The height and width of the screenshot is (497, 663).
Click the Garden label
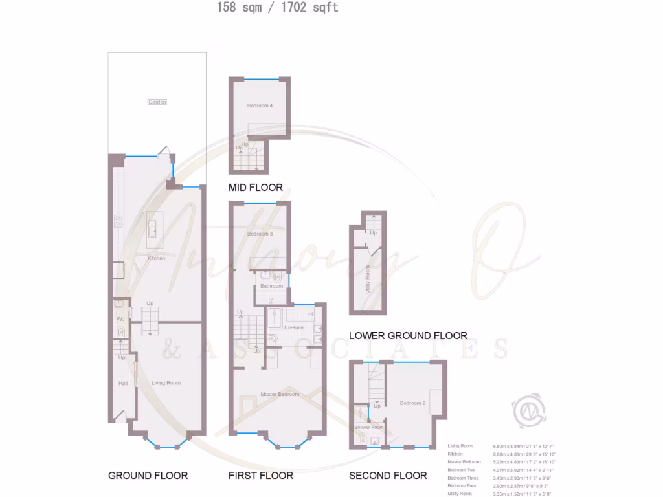[157, 102]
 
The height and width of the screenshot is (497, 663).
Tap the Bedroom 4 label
[260, 105]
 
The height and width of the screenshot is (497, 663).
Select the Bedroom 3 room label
[260, 234]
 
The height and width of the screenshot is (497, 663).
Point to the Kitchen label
[156, 258]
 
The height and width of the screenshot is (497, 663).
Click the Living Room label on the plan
[166, 383]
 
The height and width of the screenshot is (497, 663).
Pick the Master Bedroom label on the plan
[280, 394]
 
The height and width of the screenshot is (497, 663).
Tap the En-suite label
[294, 327]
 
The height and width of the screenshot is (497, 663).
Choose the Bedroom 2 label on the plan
[412, 403]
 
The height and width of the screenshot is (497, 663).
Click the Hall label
[123, 384]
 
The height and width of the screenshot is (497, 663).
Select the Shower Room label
[368, 427]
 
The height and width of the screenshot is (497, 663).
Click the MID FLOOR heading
[256, 188]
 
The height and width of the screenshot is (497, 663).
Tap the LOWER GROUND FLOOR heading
[408, 335]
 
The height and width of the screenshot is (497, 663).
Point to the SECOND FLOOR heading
[388, 475]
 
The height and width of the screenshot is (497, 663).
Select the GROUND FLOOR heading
[148, 475]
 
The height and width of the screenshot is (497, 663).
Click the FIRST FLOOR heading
[261, 475]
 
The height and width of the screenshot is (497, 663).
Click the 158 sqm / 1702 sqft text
[278, 8]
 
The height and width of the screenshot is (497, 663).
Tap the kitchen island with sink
[153, 228]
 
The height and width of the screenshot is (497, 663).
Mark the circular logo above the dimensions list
[528, 410]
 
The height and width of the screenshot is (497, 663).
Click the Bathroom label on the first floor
[271, 286]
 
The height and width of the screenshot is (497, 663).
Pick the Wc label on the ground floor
[120, 319]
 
